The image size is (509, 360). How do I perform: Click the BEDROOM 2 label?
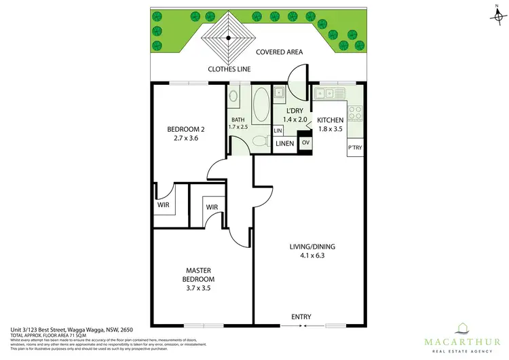187,129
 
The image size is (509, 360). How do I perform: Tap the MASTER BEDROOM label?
198,274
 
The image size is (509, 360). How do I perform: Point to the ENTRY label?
301,317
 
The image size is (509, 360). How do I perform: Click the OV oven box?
305,143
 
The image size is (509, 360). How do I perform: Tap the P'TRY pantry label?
355,147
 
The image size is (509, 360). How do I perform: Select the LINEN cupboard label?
285,143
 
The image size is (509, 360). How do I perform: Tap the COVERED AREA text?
279,52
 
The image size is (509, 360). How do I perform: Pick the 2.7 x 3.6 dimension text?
187,139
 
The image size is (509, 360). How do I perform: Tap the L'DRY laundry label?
295,110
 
